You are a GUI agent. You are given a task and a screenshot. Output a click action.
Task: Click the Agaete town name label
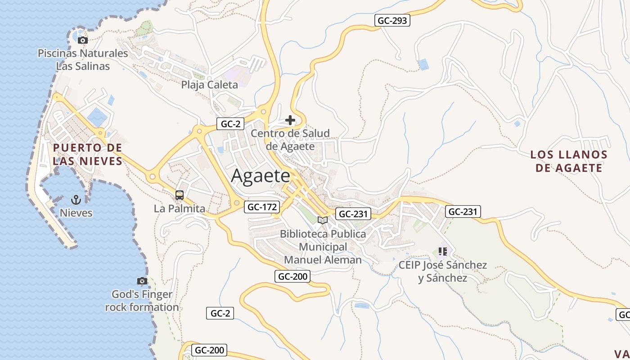261,176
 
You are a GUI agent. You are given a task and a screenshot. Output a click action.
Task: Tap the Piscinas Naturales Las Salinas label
83,59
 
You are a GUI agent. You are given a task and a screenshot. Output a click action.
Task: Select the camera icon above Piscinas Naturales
82,40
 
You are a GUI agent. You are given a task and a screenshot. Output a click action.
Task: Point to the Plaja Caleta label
209,85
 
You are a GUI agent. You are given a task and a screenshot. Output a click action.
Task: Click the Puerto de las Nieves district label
87,154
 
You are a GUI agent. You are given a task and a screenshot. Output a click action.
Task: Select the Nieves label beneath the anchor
76,213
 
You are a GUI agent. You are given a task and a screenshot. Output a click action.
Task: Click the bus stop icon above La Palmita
180,195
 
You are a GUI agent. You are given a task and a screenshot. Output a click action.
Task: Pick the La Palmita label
180,209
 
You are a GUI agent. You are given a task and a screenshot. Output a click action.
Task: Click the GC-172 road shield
262,207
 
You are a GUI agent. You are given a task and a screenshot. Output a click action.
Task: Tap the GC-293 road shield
392,20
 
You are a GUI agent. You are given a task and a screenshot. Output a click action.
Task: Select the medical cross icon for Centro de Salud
290,120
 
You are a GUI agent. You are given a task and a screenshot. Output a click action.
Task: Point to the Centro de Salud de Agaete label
290,139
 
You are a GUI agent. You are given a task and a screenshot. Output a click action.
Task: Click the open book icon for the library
323,220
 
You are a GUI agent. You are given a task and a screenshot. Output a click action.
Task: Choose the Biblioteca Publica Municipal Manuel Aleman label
323,247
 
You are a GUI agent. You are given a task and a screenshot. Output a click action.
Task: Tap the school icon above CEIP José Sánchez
442,251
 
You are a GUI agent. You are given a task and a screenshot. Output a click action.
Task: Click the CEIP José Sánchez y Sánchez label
442,271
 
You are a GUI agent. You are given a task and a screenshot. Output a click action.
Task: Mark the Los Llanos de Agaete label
569,161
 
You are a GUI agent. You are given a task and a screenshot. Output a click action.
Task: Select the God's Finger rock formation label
142,301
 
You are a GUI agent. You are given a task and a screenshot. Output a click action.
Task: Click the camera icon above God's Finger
142,281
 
